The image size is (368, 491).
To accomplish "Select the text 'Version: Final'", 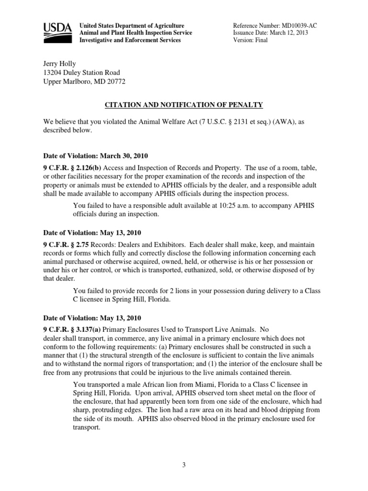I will click(250, 40).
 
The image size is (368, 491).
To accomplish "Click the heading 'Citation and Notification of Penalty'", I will click(184, 105).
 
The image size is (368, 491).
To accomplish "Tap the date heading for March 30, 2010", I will click(95, 156).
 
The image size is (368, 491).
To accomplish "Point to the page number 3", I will click(184, 464).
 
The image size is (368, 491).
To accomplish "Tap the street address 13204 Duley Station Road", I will click(81, 72).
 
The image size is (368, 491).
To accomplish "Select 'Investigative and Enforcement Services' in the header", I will click(130, 40).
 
